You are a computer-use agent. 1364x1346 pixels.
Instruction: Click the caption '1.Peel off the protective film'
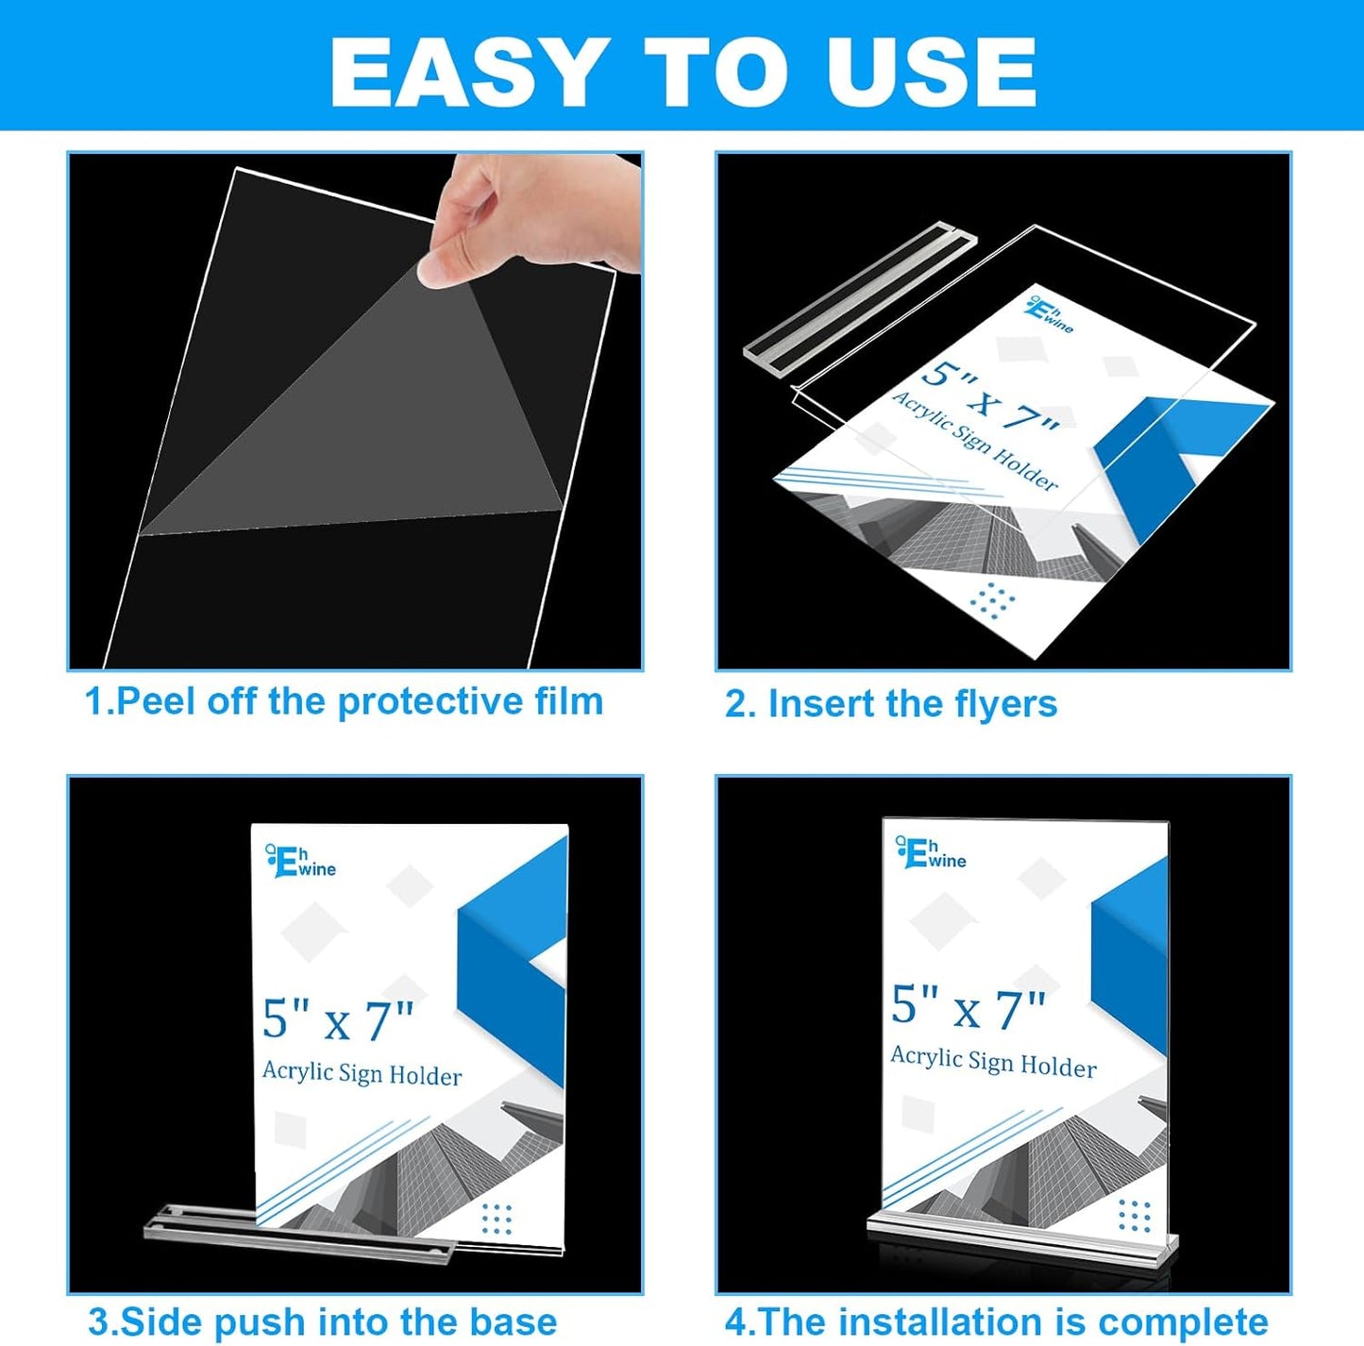pyautogui.click(x=344, y=701)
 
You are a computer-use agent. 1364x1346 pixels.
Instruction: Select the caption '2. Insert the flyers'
pyautogui.click(x=890, y=704)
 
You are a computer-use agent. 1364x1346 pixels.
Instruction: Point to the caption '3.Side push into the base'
pyautogui.click(x=322, y=1321)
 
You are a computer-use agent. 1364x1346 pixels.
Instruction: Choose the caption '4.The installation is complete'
pyautogui.click(x=996, y=1321)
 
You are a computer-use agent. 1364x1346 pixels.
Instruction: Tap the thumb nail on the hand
pyautogui.click(x=435, y=273)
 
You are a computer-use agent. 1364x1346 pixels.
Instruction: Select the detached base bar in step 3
pyautogui.click(x=298, y=1233)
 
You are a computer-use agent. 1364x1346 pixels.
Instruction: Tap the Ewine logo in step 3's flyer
pyautogui.click(x=300, y=861)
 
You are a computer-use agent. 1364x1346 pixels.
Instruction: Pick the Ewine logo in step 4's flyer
pyautogui.click(x=931, y=852)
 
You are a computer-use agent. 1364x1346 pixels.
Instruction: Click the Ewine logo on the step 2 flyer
pyautogui.click(x=1049, y=315)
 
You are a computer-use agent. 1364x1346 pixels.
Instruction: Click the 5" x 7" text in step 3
pyautogui.click(x=338, y=1020)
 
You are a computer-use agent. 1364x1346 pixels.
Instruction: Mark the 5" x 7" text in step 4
pyautogui.click(x=968, y=1008)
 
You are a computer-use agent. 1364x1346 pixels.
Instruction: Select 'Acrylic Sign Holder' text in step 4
pyautogui.click(x=993, y=1062)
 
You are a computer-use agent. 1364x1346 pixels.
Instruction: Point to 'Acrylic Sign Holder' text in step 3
pyautogui.click(x=362, y=1073)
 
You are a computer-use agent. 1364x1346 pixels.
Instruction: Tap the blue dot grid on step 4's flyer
pyautogui.click(x=1134, y=1216)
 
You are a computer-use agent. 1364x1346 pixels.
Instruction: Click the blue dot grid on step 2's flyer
pyautogui.click(x=993, y=598)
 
